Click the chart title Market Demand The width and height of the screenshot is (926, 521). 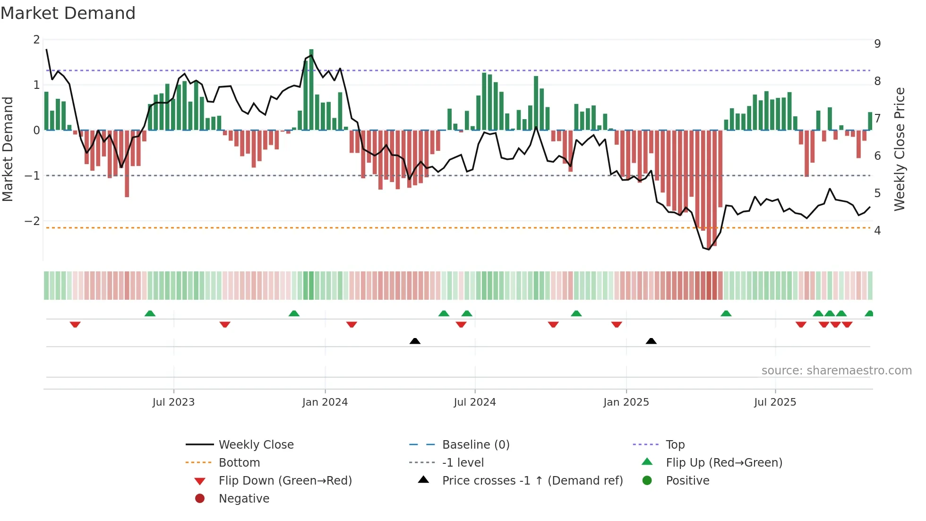click(68, 13)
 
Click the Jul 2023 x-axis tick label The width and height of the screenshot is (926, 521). click(173, 402)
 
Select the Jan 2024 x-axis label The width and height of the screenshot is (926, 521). click(325, 402)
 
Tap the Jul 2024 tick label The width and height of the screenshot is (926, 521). click(475, 402)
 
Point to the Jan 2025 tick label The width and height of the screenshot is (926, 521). click(626, 402)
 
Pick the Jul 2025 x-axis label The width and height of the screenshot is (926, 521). click(775, 402)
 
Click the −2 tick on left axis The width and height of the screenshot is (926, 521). click(33, 221)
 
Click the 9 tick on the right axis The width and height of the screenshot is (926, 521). click(877, 44)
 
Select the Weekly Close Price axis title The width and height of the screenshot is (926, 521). click(900, 149)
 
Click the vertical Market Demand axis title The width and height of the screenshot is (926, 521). click(8, 149)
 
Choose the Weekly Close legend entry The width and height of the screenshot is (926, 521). click(256, 445)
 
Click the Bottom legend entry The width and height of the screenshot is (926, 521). click(239, 463)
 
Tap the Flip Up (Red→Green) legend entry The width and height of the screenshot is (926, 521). click(724, 463)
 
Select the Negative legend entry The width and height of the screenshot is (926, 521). click(244, 499)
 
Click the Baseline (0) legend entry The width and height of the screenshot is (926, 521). click(475, 445)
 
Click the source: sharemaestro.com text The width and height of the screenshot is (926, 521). click(836, 371)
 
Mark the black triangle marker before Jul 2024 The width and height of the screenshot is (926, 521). click(415, 341)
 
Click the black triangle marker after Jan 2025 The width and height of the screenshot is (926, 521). click(651, 341)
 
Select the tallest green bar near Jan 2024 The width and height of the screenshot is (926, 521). click(311, 90)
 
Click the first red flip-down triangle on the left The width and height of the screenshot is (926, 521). click(75, 324)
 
